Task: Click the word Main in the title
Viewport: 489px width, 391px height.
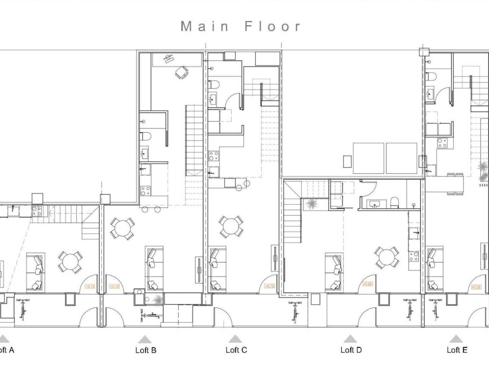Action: click(x=204, y=26)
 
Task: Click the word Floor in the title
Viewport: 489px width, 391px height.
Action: click(x=273, y=26)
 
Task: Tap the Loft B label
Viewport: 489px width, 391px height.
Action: click(x=146, y=350)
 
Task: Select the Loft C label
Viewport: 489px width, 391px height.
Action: click(x=236, y=350)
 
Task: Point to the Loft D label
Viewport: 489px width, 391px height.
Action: click(x=351, y=350)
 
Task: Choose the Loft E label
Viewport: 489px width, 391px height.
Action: click(x=457, y=350)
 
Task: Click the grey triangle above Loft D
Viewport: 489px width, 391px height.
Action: click(x=350, y=339)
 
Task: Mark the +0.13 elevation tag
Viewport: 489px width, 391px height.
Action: click(x=90, y=286)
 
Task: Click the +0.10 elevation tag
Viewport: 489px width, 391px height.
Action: click(x=114, y=286)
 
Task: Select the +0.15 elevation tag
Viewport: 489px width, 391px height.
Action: click(x=270, y=286)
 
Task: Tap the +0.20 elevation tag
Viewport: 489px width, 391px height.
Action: click(x=368, y=284)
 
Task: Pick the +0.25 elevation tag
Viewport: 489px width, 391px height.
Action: click(x=476, y=287)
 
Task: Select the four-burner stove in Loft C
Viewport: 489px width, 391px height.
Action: click(x=213, y=156)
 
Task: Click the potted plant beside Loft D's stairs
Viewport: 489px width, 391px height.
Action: click(x=310, y=204)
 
